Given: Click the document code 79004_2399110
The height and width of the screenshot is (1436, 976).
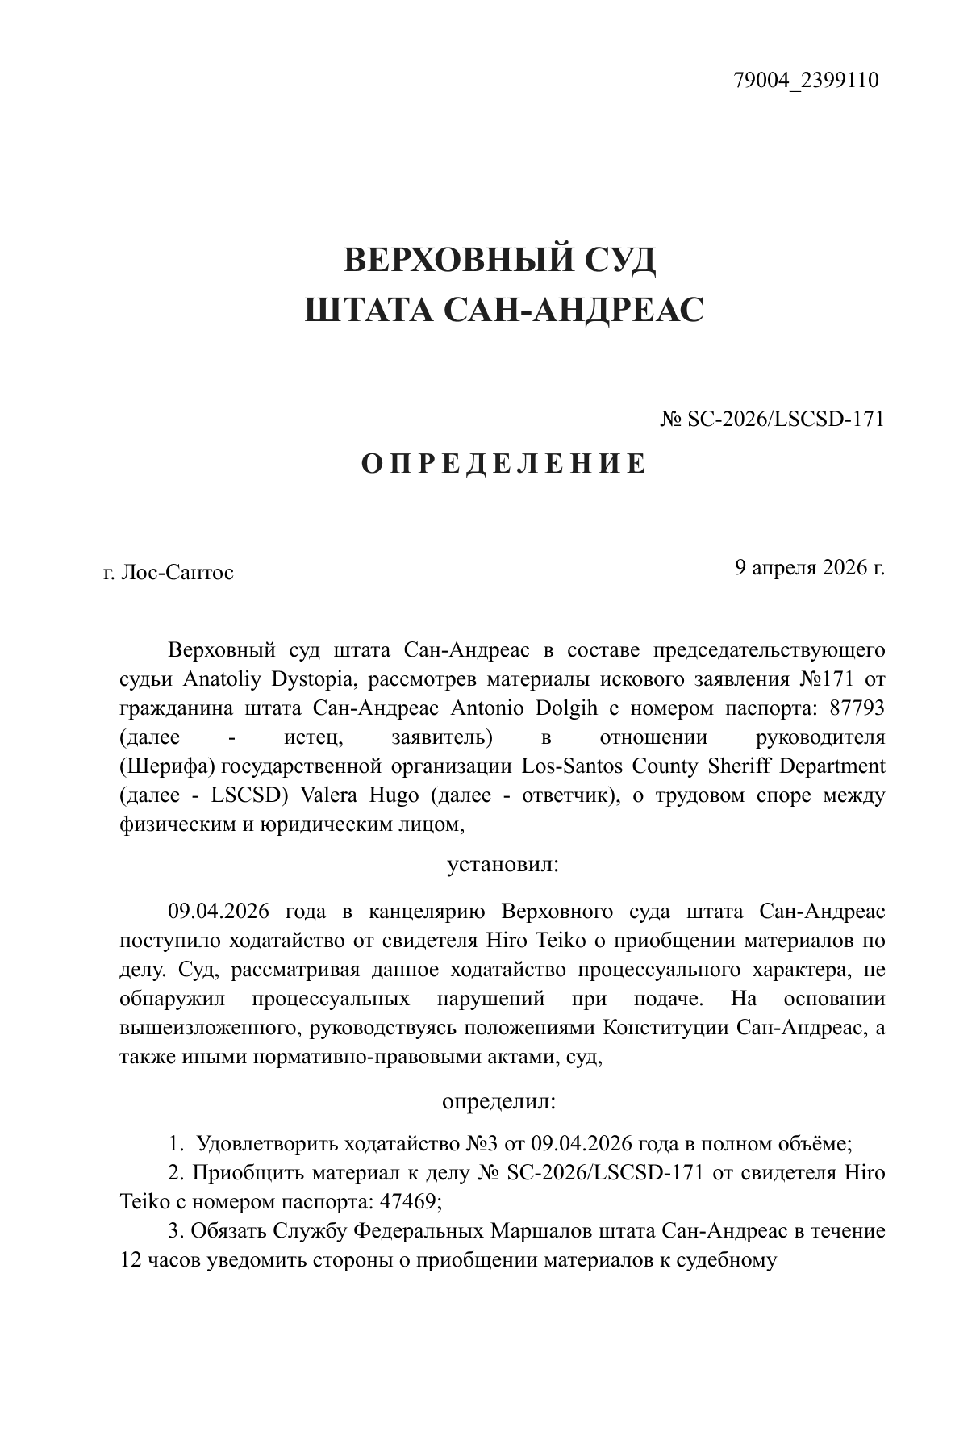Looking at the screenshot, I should (806, 81).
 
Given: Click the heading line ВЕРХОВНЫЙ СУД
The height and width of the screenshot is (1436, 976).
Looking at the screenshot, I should (499, 260).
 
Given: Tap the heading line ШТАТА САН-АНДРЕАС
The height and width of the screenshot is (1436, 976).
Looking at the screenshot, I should (504, 309).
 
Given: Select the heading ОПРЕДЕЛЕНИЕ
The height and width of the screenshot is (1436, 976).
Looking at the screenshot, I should (503, 464).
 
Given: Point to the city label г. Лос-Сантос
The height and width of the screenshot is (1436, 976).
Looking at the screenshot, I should (169, 573).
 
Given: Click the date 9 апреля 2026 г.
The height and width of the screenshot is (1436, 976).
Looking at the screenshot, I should (809, 567).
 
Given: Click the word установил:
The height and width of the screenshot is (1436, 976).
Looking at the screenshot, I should (503, 865).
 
